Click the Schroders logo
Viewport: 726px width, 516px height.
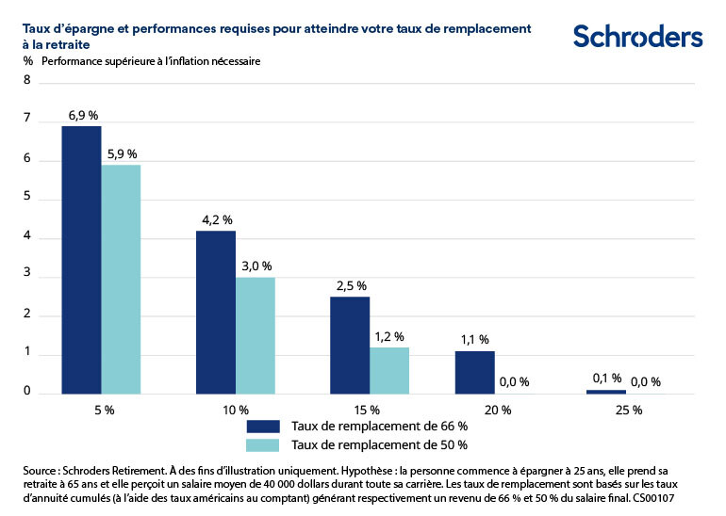pos(637,37)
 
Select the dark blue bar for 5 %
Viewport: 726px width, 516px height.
pos(81,259)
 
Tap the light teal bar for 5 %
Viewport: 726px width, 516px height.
pos(121,279)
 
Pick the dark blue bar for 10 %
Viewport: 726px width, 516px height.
pos(216,312)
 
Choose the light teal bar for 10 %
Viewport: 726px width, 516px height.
pos(256,335)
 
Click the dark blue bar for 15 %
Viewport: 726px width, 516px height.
pos(350,345)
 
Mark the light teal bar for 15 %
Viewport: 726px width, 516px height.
pos(388,370)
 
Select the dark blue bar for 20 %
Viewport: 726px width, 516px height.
pos(474,372)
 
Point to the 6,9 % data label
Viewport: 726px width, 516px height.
pos(83,115)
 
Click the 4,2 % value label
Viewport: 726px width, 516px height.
pos(217,219)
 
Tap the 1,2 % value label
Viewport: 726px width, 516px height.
pos(388,336)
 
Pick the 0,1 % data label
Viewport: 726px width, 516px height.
pos(606,379)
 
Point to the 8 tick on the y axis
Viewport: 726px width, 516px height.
pos(27,82)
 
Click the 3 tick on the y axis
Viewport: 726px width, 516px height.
pos(27,276)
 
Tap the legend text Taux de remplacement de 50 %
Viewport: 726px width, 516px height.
pos(380,445)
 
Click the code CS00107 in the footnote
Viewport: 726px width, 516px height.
pos(650,496)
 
